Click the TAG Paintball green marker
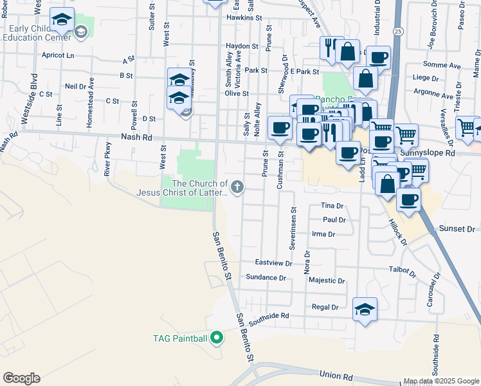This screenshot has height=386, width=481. pyautogui.click(x=217, y=337)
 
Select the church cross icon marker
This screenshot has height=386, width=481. pyautogui.click(x=237, y=187)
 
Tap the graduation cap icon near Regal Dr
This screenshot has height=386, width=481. pyautogui.click(x=365, y=309)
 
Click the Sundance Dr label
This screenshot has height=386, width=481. pyautogui.click(x=266, y=277)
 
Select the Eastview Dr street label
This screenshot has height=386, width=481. pyautogui.click(x=273, y=262)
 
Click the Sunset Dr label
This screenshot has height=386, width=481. pyautogui.click(x=457, y=229)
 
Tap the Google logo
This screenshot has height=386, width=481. pyautogui.click(x=21, y=378)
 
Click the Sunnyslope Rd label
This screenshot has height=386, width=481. pyautogui.click(x=427, y=154)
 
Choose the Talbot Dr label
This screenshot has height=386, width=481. pyautogui.click(x=399, y=270)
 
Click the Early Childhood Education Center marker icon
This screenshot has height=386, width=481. pyautogui.click(x=81, y=31)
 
